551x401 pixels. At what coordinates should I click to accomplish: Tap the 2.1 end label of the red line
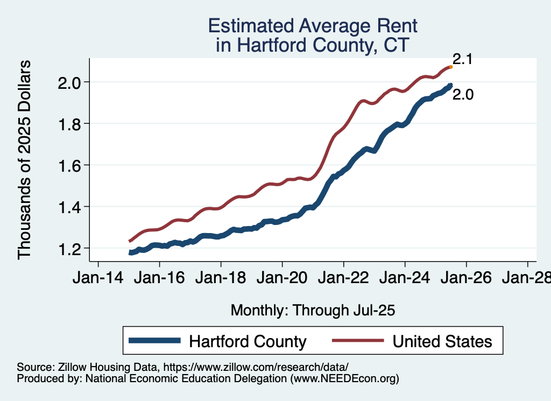pyautogui.click(x=462, y=59)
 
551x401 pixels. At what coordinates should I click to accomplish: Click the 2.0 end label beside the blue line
pyautogui.click(x=462, y=95)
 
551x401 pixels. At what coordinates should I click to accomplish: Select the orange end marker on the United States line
pyautogui.click(x=450, y=67)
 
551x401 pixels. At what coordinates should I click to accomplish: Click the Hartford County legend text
pyautogui.click(x=248, y=341)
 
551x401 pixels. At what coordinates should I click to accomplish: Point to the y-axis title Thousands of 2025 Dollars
pyautogui.click(x=25, y=159)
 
